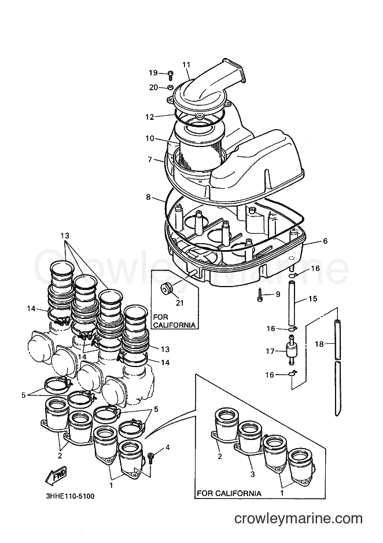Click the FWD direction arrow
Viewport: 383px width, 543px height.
click(x=55, y=475)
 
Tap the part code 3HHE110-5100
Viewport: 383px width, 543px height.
click(x=70, y=496)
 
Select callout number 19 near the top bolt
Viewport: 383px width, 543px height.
click(x=153, y=73)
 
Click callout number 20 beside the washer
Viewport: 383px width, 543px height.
click(x=153, y=87)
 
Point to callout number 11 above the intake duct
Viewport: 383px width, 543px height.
click(x=186, y=64)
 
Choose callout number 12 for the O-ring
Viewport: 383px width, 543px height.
click(x=149, y=117)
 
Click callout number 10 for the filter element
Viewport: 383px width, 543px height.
click(x=149, y=138)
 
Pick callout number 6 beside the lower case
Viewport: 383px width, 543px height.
click(x=325, y=241)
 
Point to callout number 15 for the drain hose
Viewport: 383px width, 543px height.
click(x=312, y=299)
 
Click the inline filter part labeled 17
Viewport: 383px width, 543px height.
click(x=290, y=350)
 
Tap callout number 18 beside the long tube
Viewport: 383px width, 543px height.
click(x=319, y=344)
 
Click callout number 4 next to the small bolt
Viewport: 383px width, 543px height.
click(x=167, y=447)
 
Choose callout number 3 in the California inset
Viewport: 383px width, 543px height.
click(x=253, y=474)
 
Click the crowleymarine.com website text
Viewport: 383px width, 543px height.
click(x=299, y=519)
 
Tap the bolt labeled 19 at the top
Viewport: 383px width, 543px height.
click(x=171, y=74)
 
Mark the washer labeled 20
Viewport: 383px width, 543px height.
click(x=170, y=87)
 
